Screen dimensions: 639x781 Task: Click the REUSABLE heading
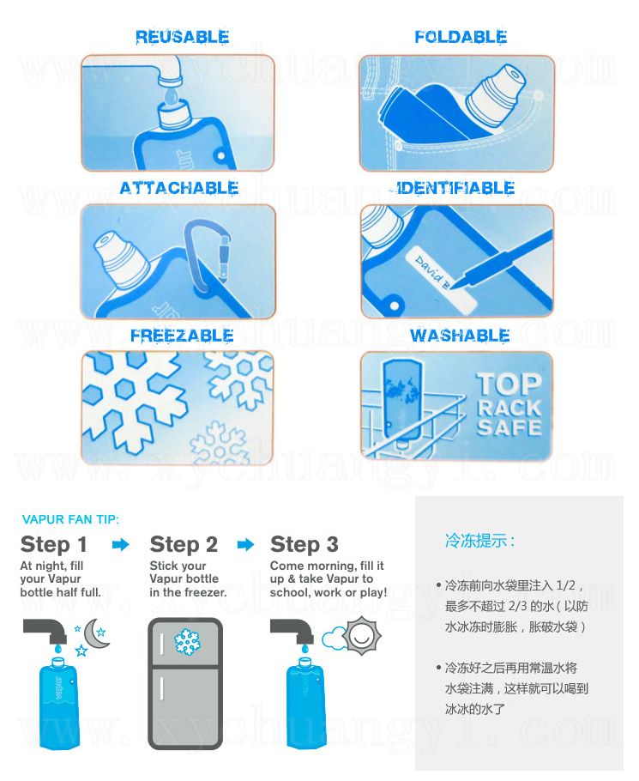pos(182,37)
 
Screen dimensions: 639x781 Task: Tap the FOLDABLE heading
pos(461,37)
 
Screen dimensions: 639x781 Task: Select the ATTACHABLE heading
pos(179,188)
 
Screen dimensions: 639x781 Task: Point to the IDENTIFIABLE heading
pos(455,188)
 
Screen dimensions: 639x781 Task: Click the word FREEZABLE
pos(182,336)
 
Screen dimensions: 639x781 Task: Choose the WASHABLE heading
pos(460,336)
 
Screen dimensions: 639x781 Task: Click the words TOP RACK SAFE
pos(509,404)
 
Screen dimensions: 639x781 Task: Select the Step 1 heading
pos(54,544)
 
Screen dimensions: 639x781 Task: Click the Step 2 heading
pos(184,544)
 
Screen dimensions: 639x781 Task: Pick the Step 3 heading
pos(304,544)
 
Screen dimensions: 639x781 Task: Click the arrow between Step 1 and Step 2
pos(120,544)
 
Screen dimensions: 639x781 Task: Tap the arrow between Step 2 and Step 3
pos(245,544)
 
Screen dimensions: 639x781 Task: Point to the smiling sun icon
pos(361,635)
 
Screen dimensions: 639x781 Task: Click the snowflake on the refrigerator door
pos(187,642)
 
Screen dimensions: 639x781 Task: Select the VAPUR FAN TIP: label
pos(70,519)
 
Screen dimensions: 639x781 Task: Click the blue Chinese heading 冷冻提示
pos(479,541)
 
